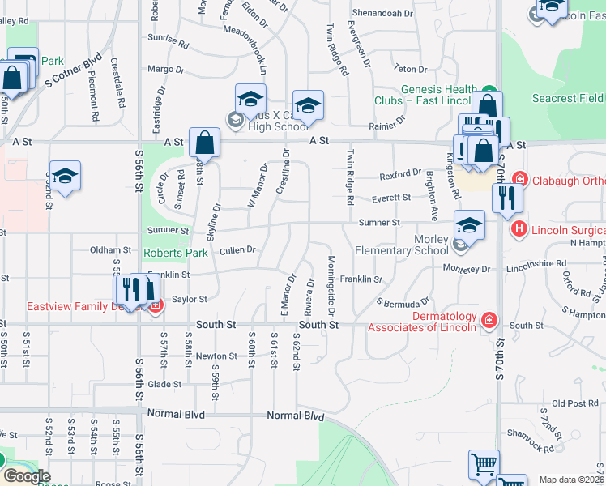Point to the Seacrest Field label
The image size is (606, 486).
(x=567, y=99)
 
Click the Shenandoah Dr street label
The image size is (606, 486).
(x=381, y=14)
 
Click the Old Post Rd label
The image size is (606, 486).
(x=578, y=403)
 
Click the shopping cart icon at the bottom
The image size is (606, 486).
(x=484, y=464)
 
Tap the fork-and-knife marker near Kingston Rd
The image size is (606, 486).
(x=507, y=197)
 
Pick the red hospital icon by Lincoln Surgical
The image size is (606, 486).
(x=520, y=230)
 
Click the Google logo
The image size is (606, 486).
(x=26, y=475)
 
